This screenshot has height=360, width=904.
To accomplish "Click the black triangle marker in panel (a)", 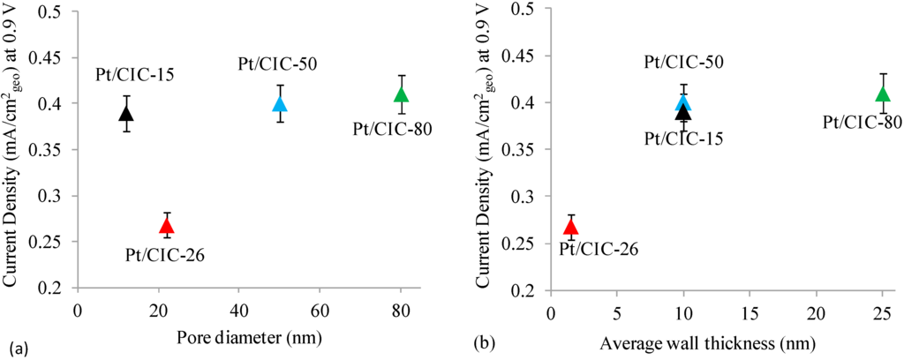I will coord(126,113).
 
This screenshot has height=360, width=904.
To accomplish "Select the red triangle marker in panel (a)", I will coord(166,225).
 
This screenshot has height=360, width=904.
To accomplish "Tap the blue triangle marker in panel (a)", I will coord(280,103).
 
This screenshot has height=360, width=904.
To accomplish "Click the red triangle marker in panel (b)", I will coord(570,227).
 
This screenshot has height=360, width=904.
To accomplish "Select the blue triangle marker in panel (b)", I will coord(683,101).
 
